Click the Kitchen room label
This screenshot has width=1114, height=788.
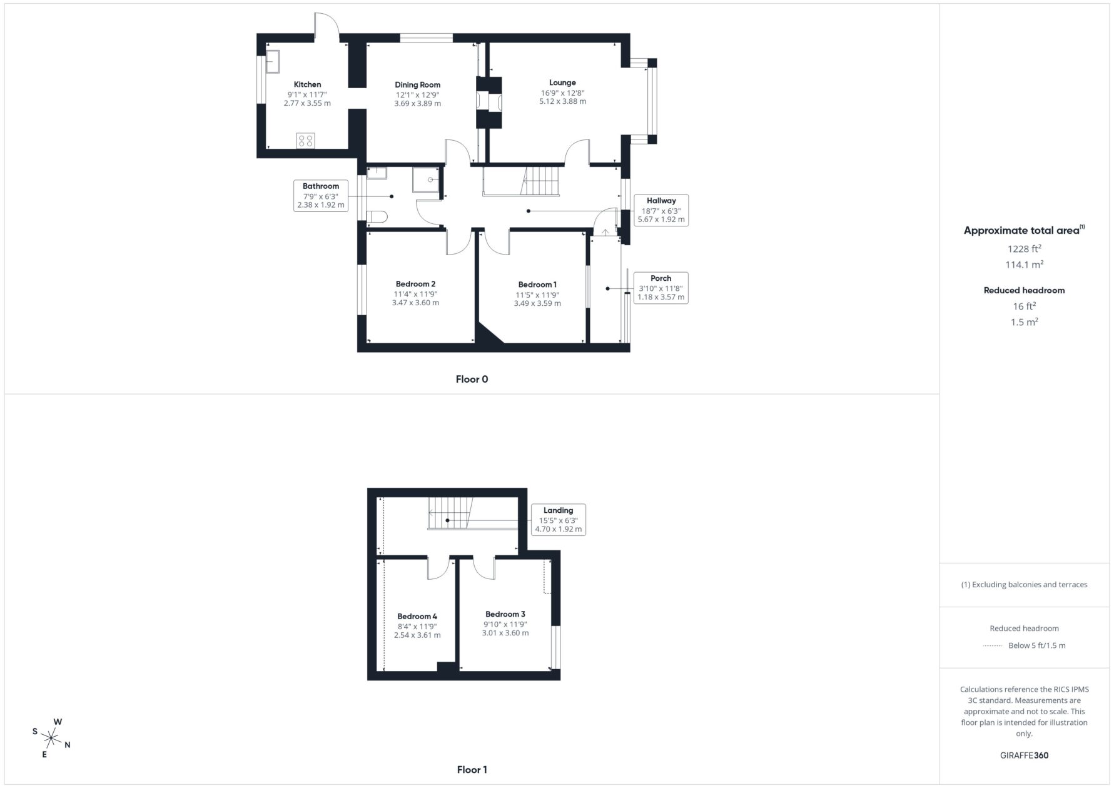[x=307, y=84]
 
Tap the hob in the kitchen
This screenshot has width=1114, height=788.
[x=306, y=141]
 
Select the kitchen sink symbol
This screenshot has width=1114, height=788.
[x=273, y=62]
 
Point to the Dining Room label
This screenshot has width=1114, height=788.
[x=417, y=84]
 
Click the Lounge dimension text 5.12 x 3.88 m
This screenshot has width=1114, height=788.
[x=562, y=101]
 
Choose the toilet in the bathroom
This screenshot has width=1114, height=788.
[x=378, y=217]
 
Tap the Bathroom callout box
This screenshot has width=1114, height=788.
[x=321, y=195]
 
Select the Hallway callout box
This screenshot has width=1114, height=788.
[x=661, y=210]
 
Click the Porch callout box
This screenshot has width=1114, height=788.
[x=661, y=288]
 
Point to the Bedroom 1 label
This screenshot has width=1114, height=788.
[x=537, y=285]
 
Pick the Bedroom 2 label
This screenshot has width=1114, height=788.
[x=415, y=284]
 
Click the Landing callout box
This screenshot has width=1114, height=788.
[x=558, y=520]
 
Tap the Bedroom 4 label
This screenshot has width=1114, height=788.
[x=417, y=616]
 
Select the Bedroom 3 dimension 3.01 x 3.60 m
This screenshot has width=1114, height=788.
[x=505, y=633]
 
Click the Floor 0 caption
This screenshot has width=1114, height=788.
[x=472, y=379]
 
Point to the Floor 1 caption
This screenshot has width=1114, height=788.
[x=472, y=770]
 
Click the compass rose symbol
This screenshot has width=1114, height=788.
[x=52, y=739]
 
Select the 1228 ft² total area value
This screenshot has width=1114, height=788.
[x=1024, y=248]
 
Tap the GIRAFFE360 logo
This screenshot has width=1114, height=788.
[x=1024, y=755]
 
